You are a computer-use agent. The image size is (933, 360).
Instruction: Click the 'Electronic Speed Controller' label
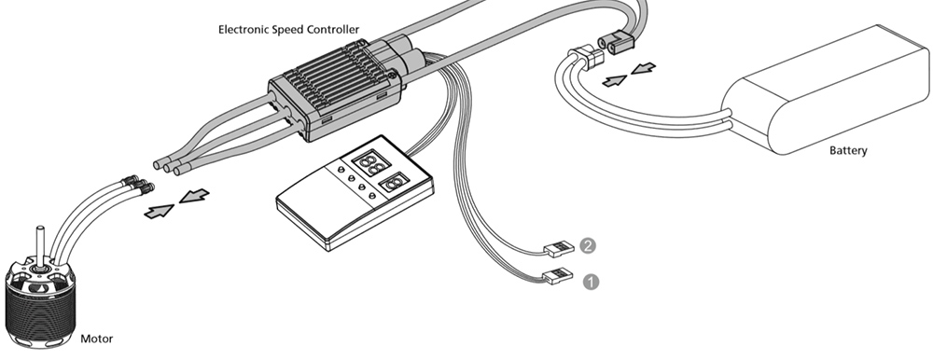click(288, 29)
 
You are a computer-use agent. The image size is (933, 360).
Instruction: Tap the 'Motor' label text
click(96, 339)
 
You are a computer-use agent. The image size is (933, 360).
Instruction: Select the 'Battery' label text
click(848, 150)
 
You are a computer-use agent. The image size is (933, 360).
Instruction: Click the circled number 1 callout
click(591, 282)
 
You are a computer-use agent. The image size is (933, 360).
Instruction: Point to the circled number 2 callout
click(587, 245)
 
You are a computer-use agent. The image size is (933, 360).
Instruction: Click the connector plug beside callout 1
click(559, 276)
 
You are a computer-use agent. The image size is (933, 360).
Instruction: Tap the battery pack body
click(827, 90)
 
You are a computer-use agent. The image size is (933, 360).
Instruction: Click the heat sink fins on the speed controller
click(336, 77)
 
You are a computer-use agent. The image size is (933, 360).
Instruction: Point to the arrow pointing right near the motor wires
click(160, 211)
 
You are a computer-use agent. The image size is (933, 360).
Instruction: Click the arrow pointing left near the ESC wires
click(194, 195)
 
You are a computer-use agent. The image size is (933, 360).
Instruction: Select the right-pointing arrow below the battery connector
click(615, 80)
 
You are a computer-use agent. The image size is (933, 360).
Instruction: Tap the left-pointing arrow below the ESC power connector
click(643, 68)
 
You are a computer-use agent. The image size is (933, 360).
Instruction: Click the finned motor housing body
click(40, 307)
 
